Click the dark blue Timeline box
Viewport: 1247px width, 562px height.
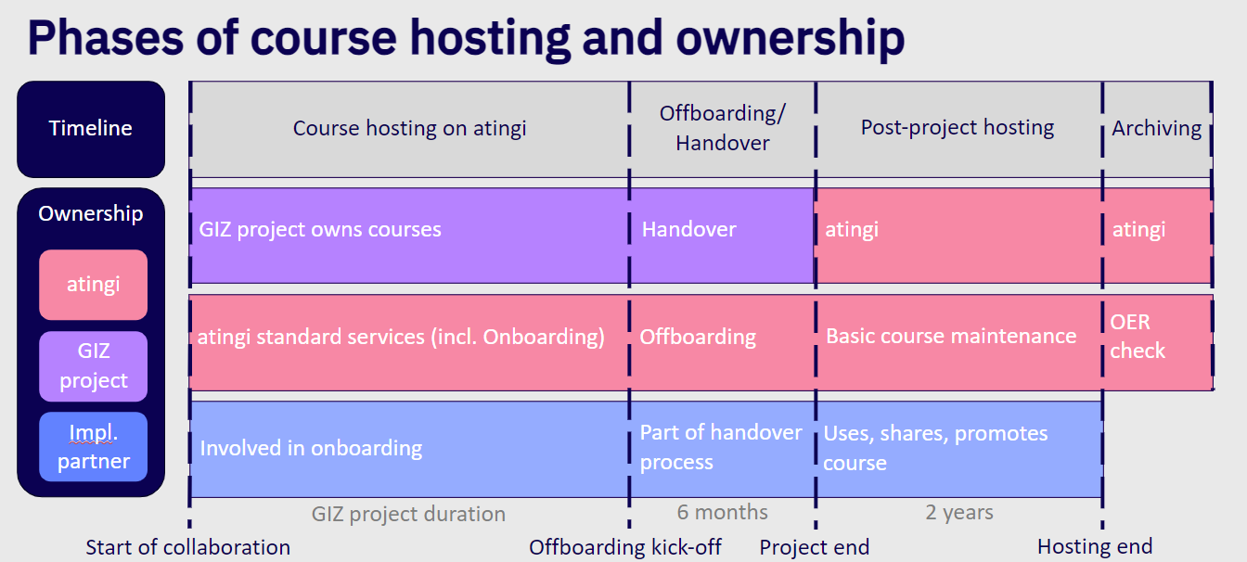coord(91,129)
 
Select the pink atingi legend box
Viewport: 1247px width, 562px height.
coord(93,285)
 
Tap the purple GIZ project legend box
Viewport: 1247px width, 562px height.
coord(93,366)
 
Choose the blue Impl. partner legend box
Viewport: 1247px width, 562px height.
coord(93,447)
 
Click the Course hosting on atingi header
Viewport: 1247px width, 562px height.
coord(410,129)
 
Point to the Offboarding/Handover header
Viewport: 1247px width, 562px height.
coord(723,129)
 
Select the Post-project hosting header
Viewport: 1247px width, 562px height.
coord(958,128)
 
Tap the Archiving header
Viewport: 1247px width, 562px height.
coord(1157,129)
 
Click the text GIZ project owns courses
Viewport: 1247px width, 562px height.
coord(320,229)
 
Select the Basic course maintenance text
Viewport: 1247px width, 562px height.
coord(951,336)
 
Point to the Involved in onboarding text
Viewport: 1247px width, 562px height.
coord(311,448)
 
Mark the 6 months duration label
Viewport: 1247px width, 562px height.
coord(723,512)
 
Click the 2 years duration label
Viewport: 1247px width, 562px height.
coord(959,513)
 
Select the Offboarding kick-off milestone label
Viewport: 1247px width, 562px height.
coord(625,547)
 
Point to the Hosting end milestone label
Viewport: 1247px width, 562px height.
coord(1095,547)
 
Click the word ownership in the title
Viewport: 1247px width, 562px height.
coord(791,39)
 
